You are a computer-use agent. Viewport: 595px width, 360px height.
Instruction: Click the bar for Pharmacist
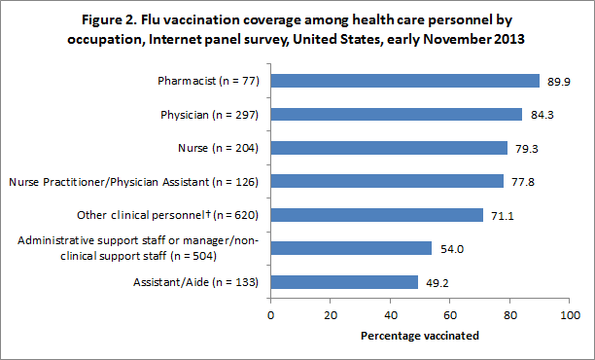pos(404,81)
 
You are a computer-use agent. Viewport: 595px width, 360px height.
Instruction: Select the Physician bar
pos(396,114)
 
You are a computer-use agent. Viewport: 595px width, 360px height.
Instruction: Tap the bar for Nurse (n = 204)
pos(389,148)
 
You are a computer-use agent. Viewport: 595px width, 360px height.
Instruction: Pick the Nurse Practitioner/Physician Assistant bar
pos(386,181)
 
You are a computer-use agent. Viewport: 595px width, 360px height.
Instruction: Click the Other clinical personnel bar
pos(376,214)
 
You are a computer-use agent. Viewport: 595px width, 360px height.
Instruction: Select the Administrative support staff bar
pos(350,248)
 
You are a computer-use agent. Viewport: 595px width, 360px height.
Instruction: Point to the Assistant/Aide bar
pos(343,281)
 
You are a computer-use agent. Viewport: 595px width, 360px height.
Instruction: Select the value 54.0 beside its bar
pos(450,248)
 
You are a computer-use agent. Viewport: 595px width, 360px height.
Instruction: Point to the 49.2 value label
pos(436,281)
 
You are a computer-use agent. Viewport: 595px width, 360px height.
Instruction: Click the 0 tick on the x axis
pos(270,315)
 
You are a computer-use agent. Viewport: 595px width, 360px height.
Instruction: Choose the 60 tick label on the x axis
pos(450,315)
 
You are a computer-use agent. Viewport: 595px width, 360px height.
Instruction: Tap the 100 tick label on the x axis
pos(570,315)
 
